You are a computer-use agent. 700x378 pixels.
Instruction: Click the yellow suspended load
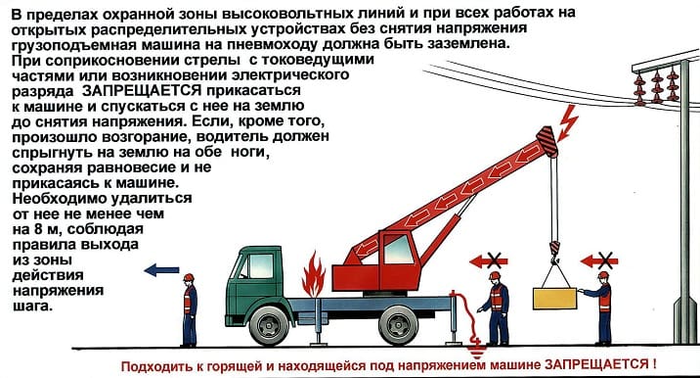pos(555,299)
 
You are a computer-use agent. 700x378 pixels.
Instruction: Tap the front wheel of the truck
pos(269,325)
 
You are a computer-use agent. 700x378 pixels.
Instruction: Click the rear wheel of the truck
pos(398,325)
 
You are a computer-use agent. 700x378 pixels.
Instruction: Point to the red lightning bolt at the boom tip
pos(567,122)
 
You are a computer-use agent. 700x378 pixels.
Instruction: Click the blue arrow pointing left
pos(161,269)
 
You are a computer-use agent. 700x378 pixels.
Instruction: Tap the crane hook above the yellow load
pos(554,252)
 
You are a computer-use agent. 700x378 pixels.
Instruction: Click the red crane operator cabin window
pos(398,249)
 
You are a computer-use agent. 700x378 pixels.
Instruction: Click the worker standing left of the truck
pos(190,310)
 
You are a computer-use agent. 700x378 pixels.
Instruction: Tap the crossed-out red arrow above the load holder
pos(599,260)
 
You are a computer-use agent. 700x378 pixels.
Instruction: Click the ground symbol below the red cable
pos(476,349)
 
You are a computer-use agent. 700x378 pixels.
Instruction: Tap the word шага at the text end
pos(32,307)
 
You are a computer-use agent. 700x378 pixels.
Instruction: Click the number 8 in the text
pos(38,229)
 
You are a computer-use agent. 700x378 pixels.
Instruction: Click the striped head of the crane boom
pos(547,141)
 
